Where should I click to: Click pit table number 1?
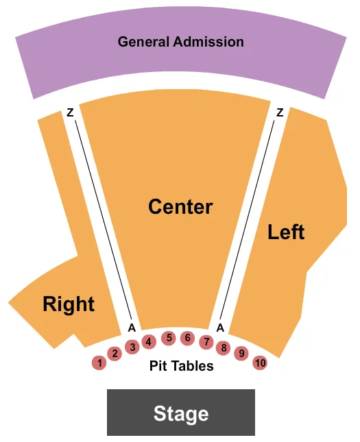(x=99, y=363)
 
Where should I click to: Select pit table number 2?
(x=115, y=354)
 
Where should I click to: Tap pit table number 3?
(x=133, y=347)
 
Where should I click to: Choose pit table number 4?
(x=148, y=341)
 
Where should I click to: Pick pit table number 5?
(x=168, y=338)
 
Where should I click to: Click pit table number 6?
(x=187, y=338)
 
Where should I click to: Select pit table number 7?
(x=206, y=341)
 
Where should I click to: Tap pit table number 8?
(x=223, y=347)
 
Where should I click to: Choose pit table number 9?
(x=241, y=354)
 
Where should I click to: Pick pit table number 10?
(x=259, y=363)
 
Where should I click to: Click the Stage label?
(x=181, y=413)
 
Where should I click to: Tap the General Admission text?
(x=180, y=42)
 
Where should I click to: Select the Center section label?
(x=180, y=206)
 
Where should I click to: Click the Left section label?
(x=286, y=232)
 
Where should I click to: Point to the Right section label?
(x=69, y=304)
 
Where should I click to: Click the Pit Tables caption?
(x=182, y=366)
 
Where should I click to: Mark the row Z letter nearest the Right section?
(x=70, y=113)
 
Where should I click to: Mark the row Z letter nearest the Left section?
(x=280, y=113)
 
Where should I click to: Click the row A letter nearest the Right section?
(x=130, y=328)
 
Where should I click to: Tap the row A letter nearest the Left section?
(x=220, y=328)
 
